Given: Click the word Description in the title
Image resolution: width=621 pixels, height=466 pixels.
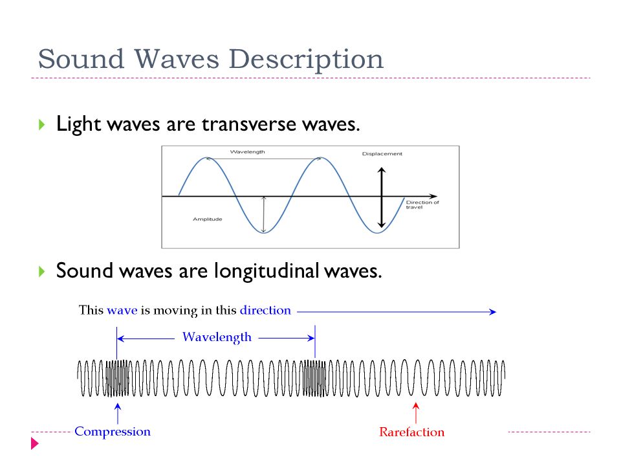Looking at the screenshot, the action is (306, 60).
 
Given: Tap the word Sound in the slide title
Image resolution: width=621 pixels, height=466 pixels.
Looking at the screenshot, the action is (81, 59).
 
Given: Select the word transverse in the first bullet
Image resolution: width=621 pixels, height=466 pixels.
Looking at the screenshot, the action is (248, 124).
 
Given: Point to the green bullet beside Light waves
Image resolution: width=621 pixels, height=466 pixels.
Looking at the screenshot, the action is (41, 125).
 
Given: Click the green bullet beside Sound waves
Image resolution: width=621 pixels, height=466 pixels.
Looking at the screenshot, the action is (41, 271).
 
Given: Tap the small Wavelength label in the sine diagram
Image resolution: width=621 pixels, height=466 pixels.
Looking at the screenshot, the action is (248, 151).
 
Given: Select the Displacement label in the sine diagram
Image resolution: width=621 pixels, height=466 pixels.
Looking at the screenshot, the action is (382, 154).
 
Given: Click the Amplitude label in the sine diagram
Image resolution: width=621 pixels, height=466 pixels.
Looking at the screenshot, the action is (208, 219).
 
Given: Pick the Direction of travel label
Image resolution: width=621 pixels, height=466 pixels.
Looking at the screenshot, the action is (422, 205).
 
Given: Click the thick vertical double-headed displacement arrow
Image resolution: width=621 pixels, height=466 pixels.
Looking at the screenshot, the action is (382, 198).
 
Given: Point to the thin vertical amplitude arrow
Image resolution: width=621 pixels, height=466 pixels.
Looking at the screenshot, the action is (264, 214).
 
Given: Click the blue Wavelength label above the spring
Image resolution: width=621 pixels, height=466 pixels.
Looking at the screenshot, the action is (217, 337).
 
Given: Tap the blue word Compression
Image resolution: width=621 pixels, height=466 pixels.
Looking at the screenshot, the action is (113, 432).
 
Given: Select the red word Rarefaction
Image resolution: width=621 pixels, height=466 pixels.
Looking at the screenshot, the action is (412, 432).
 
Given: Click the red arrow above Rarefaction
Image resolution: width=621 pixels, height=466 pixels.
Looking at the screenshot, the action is (416, 413).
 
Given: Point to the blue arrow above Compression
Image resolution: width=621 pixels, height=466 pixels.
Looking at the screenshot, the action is (118, 414).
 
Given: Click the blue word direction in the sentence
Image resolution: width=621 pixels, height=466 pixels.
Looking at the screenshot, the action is (265, 310).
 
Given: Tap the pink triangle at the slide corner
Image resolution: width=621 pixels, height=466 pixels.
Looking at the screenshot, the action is (35, 443).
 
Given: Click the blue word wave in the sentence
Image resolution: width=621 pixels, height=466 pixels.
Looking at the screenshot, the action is (122, 311).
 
